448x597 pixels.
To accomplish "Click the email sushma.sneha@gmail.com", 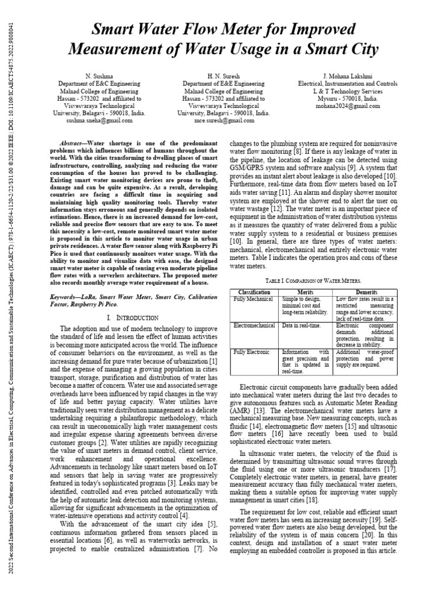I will [102, 121].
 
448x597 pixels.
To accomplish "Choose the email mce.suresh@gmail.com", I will [223, 121].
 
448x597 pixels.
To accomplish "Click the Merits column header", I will [306, 292].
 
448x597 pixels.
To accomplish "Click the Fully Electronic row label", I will [253, 353].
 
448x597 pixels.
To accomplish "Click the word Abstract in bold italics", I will [75, 143].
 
